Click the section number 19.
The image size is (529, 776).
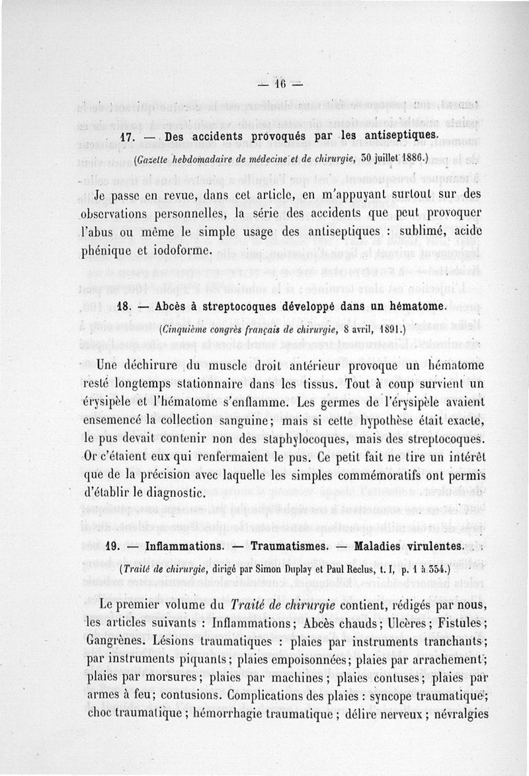(114, 547)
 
